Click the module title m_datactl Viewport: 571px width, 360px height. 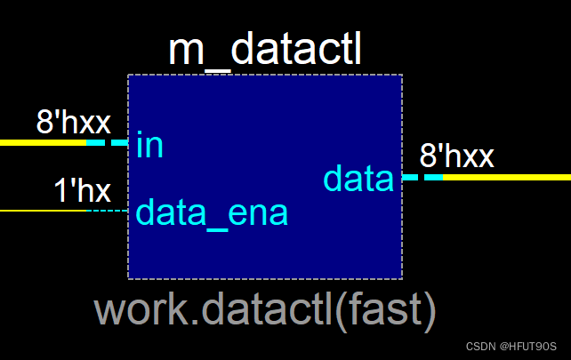coord(264,52)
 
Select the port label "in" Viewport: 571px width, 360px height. coord(149,145)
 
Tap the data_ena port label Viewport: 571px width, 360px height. coord(212,213)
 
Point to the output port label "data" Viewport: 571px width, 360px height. coord(358,180)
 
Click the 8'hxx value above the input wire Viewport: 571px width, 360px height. coord(73,123)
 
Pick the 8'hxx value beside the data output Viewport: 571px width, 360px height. coord(456,157)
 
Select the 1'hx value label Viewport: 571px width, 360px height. coord(82,191)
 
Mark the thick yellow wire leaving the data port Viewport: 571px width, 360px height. coord(507,177)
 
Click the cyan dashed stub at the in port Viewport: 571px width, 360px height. coord(108,142)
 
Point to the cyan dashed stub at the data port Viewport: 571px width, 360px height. coord(422,177)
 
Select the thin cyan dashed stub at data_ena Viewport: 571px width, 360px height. coord(108,211)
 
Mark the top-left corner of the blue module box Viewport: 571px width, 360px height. coord(129,76)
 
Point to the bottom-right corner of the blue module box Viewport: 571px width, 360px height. coord(401,277)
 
